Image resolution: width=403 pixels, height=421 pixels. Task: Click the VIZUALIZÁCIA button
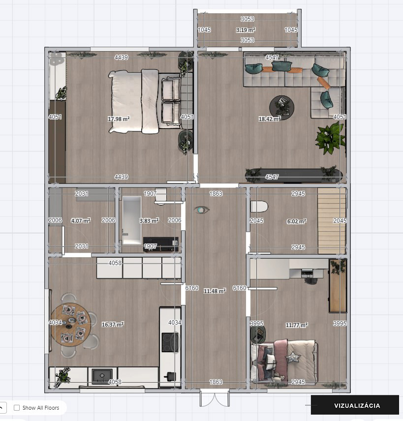[357, 406]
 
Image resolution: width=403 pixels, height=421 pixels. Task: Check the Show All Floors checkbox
[17, 408]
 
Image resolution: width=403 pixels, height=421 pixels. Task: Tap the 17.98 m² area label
[118, 119]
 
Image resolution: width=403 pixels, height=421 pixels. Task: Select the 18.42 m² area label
[270, 119]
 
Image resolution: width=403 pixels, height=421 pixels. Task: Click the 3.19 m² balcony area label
[246, 30]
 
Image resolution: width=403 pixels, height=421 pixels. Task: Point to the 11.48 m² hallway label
[215, 291]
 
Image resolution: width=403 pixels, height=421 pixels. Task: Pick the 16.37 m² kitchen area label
[112, 324]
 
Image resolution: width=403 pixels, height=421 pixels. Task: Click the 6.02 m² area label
[296, 221]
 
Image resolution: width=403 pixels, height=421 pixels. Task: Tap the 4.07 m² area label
[81, 221]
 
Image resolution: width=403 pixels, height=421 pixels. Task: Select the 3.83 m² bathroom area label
[149, 221]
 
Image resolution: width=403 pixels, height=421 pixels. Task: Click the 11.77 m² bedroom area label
[297, 325]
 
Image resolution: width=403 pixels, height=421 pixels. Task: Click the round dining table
[70, 325]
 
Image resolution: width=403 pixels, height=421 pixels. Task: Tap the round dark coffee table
[281, 106]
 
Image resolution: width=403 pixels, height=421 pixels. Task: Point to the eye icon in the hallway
[202, 210]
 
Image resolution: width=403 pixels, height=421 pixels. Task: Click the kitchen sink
[102, 376]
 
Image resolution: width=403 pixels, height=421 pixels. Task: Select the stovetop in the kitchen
[170, 342]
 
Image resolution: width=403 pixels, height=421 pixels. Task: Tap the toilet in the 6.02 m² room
[259, 206]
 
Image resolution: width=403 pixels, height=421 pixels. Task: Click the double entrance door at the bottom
[215, 398]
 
